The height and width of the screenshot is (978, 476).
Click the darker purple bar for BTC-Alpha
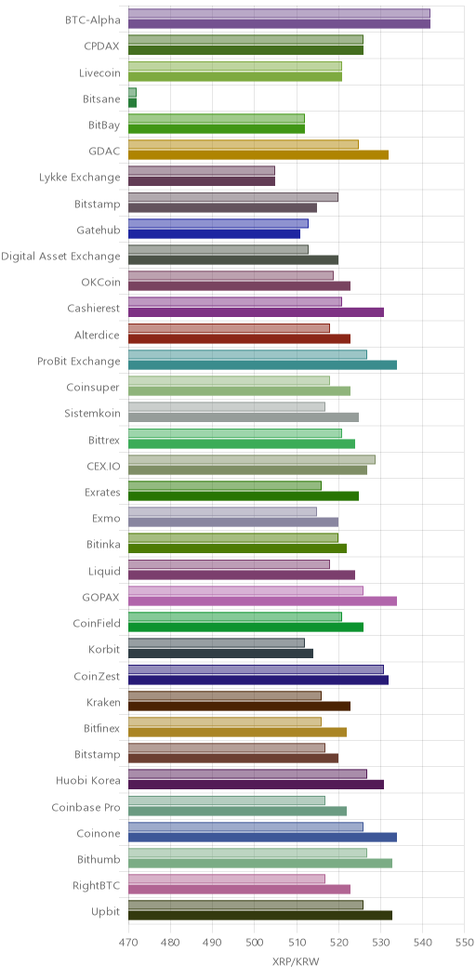279,24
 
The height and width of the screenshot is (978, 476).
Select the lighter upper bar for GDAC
244,145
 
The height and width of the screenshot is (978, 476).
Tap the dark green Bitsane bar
132,103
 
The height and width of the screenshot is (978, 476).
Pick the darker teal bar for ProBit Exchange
263,364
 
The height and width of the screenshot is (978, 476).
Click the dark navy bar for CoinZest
258,680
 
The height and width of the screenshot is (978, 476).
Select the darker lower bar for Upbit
260,916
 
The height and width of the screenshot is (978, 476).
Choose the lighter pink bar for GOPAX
245,590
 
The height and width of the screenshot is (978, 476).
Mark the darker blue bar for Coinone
263,837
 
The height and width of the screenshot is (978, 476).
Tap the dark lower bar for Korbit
221,654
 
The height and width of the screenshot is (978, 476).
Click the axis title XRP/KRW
296,962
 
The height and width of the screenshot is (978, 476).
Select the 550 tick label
465,941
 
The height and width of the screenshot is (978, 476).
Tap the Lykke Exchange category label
79,178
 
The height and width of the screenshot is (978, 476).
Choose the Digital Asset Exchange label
60,256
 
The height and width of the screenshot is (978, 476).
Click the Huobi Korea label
88,780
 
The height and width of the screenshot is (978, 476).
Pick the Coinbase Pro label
86,806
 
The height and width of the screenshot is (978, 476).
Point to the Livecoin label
99,73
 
